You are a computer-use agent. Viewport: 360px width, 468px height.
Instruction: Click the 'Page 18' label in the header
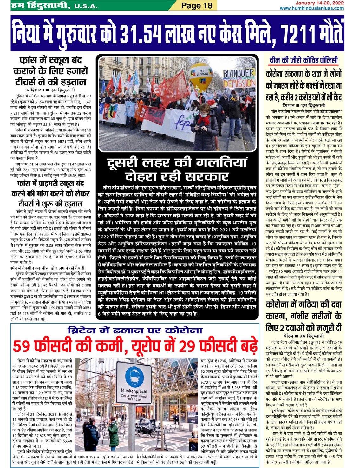pos(196,5)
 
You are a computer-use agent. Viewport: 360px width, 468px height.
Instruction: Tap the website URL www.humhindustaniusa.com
pos(311,8)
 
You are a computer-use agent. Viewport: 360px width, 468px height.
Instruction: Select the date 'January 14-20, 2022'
pos(319,3)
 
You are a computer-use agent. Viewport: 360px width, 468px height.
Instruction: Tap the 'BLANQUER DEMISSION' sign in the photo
pos(239,78)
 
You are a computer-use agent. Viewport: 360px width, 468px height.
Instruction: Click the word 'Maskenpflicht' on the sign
pos(134,391)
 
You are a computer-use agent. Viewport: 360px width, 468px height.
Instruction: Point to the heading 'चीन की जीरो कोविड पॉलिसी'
pos(304,60)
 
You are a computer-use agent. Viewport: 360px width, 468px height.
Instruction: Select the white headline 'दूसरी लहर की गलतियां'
pos(177,163)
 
